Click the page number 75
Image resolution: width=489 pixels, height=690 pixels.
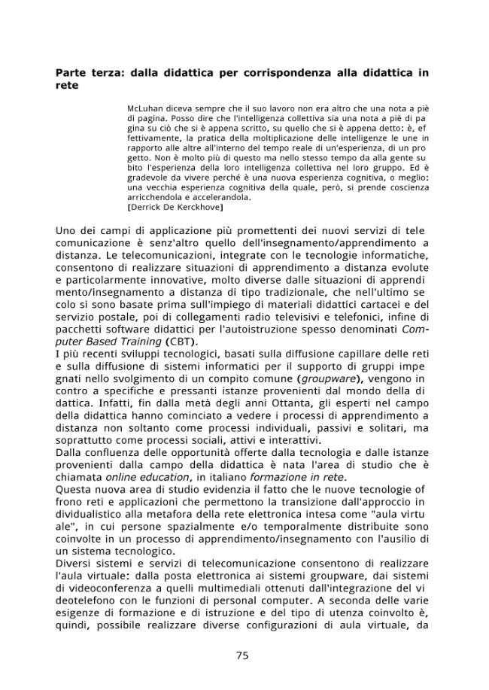pyautogui.click(x=242, y=655)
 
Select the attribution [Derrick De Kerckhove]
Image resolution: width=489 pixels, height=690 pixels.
pyautogui.click(x=175, y=206)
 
